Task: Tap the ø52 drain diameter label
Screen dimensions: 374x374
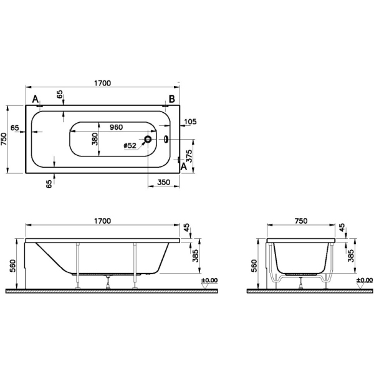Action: pyautogui.click(x=130, y=145)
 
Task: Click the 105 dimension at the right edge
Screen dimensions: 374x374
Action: pyautogui.click(x=191, y=122)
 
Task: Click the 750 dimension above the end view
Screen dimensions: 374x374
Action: pyautogui.click(x=301, y=221)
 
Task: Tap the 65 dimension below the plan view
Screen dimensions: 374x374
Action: pyautogui.click(x=48, y=184)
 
